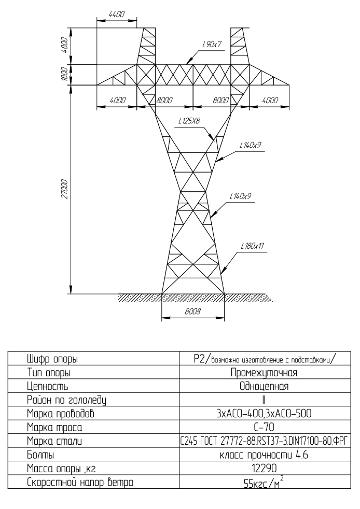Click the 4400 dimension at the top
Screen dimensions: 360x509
(x=117, y=15)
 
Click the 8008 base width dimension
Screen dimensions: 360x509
(x=192, y=312)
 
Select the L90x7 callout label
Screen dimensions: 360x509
(x=212, y=44)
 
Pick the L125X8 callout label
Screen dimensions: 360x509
(x=189, y=121)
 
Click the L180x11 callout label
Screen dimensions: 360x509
(x=252, y=246)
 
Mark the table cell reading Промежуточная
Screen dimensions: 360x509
(x=264, y=372)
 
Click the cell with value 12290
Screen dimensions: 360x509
(x=264, y=468)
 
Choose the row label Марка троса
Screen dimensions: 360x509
(x=54, y=427)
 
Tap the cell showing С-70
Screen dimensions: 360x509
(x=264, y=427)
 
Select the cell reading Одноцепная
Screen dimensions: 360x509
(x=264, y=386)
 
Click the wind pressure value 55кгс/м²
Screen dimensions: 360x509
(x=264, y=483)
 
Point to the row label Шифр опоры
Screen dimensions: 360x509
(x=52, y=359)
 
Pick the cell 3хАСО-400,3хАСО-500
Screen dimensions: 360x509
(x=264, y=413)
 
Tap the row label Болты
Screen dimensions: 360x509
(x=40, y=455)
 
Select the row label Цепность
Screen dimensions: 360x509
(x=47, y=387)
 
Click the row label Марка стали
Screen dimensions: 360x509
(x=54, y=441)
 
